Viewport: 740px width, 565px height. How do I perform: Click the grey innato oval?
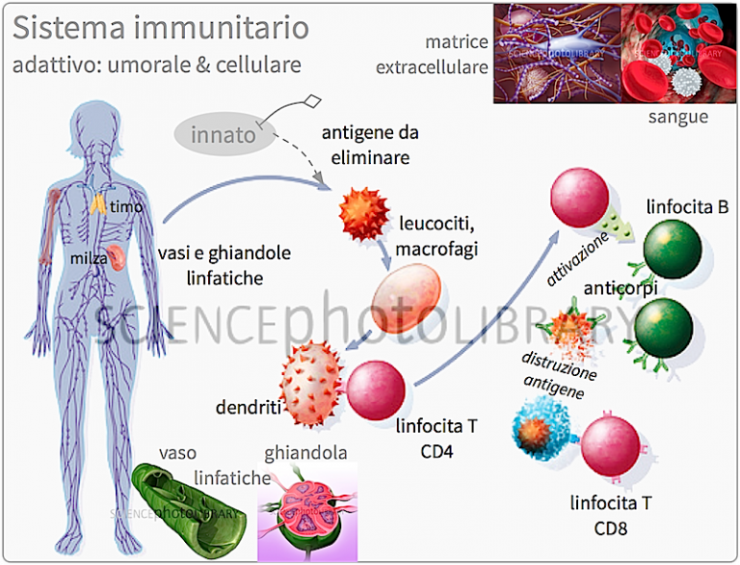(x=223, y=134)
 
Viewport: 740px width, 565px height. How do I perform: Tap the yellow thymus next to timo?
(x=99, y=204)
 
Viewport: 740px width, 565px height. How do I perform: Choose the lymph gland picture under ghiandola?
(x=307, y=511)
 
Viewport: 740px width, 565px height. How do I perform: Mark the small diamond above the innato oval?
(x=312, y=100)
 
